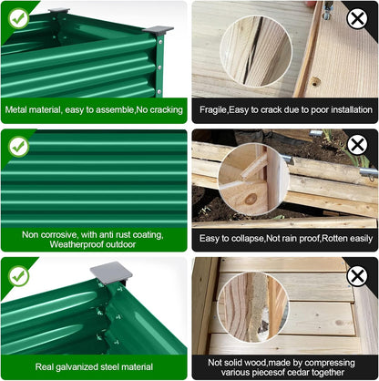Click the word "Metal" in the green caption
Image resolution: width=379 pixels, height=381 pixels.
[x=15, y=109]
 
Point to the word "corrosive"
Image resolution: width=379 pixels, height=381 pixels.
[x=59, y=235]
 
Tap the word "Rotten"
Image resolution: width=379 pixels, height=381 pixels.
[x=334, y=239]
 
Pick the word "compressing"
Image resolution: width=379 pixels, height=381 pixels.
[x=330, y=363]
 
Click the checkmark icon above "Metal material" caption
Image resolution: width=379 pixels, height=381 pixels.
[x=18, y=19]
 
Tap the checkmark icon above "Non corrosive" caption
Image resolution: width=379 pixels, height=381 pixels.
[x=18, y=147]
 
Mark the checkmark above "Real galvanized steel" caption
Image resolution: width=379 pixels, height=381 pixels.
[x=18, y=276]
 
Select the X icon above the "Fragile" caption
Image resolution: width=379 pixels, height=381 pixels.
[x=357, y=19]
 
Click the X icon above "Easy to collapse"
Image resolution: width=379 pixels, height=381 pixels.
[x=357, y=145]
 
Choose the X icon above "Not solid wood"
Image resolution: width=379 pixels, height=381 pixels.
[x=357, y=276]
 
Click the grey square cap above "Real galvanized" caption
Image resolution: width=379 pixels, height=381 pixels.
[x=111, y=273]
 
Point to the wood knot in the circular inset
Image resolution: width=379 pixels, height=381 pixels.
[x=251, y=199]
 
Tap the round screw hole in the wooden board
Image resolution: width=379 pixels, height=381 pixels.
[x=315, y=81]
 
